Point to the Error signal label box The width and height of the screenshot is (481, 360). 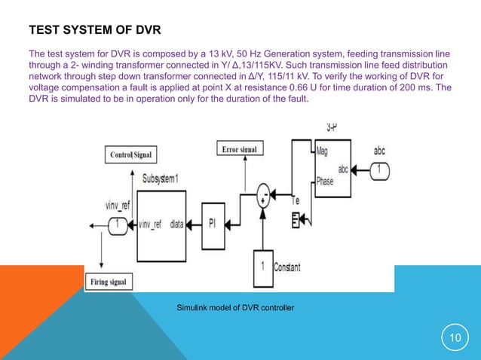coord(239,149)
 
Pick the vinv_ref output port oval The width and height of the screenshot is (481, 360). coord(118,224)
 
